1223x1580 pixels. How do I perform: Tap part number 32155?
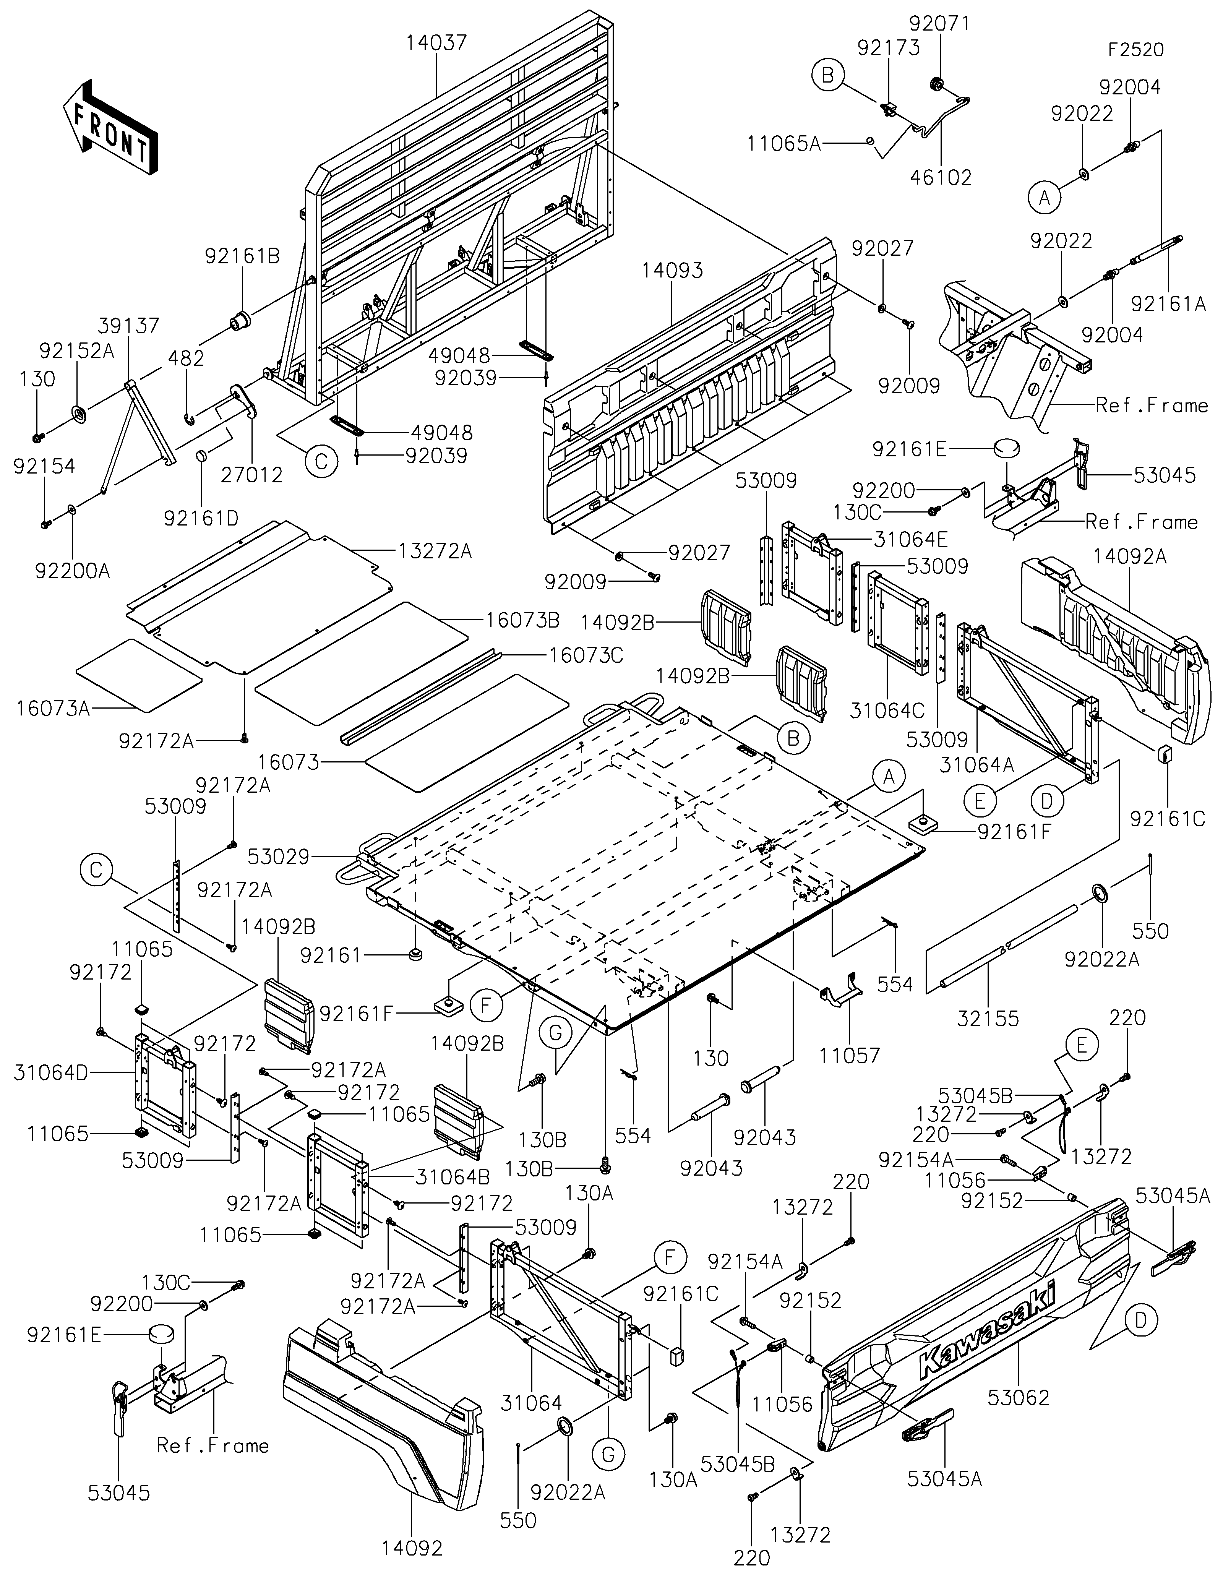(x=988, y=1019)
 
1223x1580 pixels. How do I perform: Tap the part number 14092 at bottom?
(x=412, y=1548)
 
